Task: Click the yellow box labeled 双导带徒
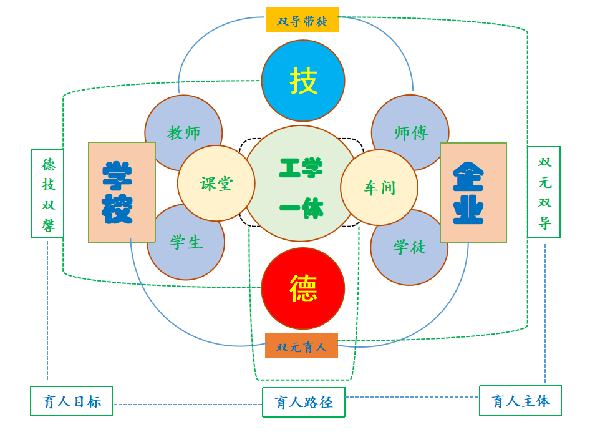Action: coord(302,21)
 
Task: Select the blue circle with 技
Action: coord(303,81)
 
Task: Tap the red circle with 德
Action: coord(303,288)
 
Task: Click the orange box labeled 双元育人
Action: coord(301,346)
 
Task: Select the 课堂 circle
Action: coord(216,184)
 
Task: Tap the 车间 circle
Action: coord(379,187)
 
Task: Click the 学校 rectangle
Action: coord(122,192)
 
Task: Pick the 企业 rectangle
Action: coord(473,192)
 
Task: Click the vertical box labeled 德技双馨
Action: coord(47,194)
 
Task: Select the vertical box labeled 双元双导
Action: coord(544,192)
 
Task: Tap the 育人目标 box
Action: coord(72,401)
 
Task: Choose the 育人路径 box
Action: coord(304,403)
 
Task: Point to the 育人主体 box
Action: coord(520,401)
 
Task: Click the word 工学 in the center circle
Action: coord(301,168)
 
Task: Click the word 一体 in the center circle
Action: coord(301,207)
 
